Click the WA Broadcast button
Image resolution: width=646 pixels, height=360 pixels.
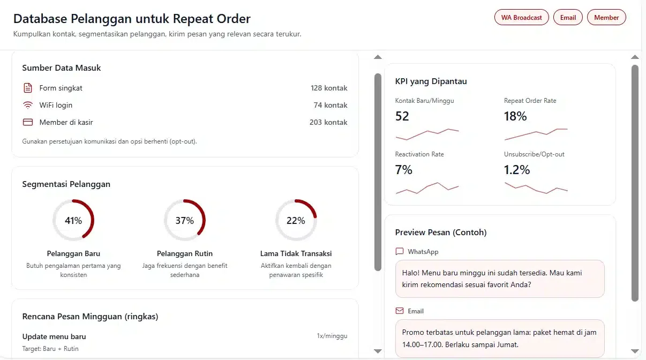click(521, 18)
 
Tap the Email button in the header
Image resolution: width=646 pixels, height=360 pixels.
click(568, 18)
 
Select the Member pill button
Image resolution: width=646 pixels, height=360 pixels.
click(606, 18)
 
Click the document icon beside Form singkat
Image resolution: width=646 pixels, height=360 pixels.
click(28, 88)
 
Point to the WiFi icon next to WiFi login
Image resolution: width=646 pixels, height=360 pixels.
click(28, 105)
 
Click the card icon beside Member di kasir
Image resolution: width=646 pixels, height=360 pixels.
click(28, 122)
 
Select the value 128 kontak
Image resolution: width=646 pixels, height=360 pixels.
click(329, 88)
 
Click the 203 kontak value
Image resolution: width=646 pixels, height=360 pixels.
click(328, 122)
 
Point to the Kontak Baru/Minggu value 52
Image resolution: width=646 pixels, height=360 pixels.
click(402, 116)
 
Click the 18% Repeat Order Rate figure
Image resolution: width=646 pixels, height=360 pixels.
click(515, 116)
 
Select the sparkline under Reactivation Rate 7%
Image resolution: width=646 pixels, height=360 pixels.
click(427, 188)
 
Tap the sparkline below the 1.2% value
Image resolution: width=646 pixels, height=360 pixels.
click(536, 188)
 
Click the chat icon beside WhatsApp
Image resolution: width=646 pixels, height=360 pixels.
click(400, 252)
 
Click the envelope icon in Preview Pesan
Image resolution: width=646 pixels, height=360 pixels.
click(400, 311)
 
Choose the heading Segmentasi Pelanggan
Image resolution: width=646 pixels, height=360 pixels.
click(66, 184)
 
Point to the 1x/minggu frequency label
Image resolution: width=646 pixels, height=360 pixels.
click(332, 336)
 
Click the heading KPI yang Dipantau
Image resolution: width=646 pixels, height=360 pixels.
click(431, 81)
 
